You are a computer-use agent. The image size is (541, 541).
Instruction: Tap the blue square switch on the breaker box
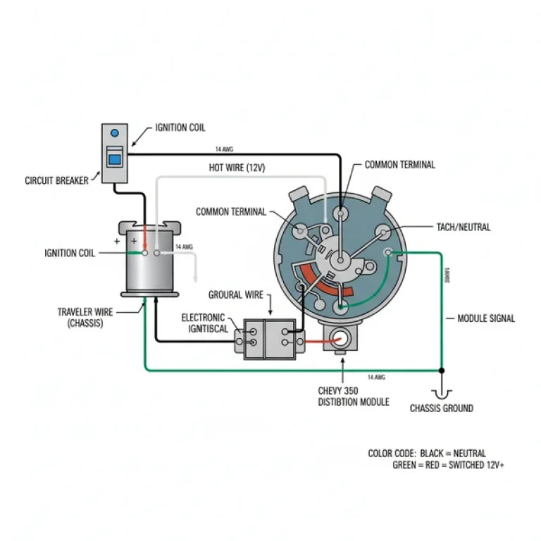coord(113,158)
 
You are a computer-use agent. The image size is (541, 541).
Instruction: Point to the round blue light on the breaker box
coord(115,133)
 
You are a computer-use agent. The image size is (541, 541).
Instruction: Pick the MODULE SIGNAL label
coord(486,318)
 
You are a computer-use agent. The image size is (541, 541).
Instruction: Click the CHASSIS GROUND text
coord(442,408)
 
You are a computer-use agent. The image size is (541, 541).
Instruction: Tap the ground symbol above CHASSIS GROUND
coord(442,392)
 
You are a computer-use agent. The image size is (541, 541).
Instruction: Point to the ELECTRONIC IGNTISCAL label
coord(204,323)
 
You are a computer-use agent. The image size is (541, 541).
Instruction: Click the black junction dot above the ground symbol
coord(442,370)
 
